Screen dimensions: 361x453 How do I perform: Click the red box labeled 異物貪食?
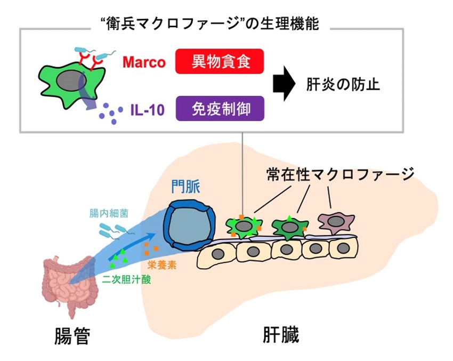click(x=220, y=61)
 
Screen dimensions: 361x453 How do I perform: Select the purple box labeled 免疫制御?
click(x=220, y=109)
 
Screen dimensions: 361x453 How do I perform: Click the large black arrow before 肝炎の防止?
click(x=282, y=85)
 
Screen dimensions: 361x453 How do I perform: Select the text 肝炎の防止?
click(x=343, y=85)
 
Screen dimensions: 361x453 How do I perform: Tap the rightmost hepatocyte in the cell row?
click(x=341, y=249)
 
